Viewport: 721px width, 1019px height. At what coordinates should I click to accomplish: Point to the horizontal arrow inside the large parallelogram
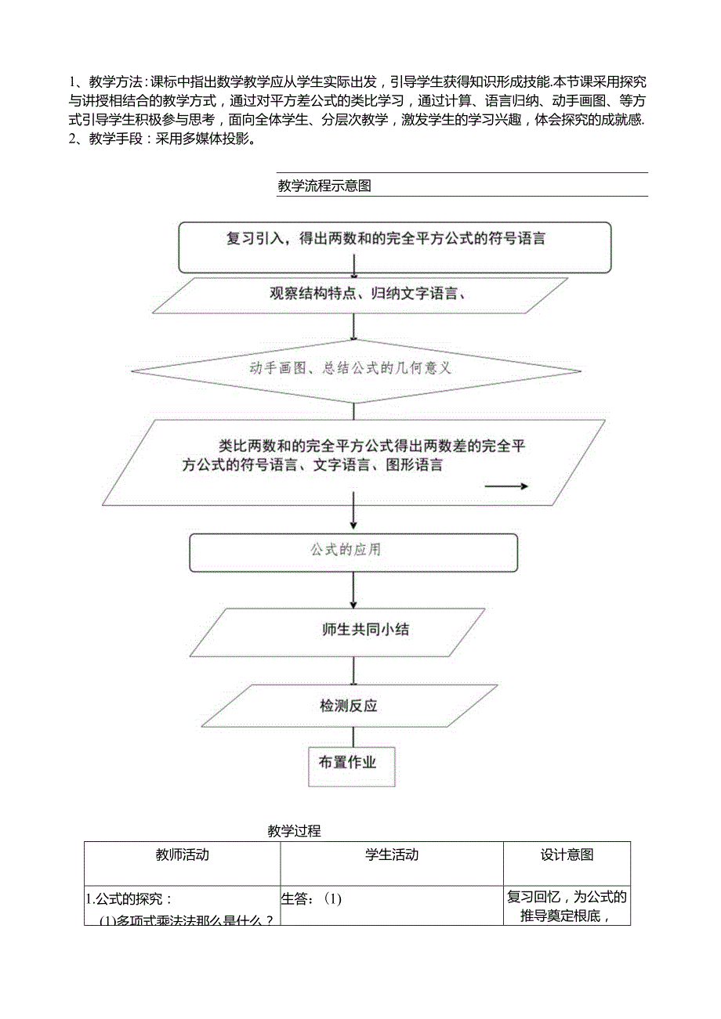click(506, 486)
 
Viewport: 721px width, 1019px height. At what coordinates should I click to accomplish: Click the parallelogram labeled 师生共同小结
click(365, 630)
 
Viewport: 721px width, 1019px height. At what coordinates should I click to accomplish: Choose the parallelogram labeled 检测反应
click(349, 706)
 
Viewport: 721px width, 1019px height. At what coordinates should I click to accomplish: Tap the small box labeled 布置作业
click(347, 761)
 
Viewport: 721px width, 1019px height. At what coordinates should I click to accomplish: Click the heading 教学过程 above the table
click(294, 831)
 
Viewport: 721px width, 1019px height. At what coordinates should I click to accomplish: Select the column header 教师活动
click(182, 855)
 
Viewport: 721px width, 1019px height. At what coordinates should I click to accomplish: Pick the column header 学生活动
click(392, 855)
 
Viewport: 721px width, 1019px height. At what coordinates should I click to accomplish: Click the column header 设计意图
click(567, 855)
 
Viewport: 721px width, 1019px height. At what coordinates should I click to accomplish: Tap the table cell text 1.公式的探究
click(129, 899)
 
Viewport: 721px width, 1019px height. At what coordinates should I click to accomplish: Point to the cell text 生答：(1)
click(312, 899)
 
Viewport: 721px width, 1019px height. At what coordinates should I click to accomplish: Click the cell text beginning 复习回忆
click(567, 898)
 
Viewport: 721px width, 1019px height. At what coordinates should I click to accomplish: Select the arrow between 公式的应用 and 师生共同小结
click(354, 590)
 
